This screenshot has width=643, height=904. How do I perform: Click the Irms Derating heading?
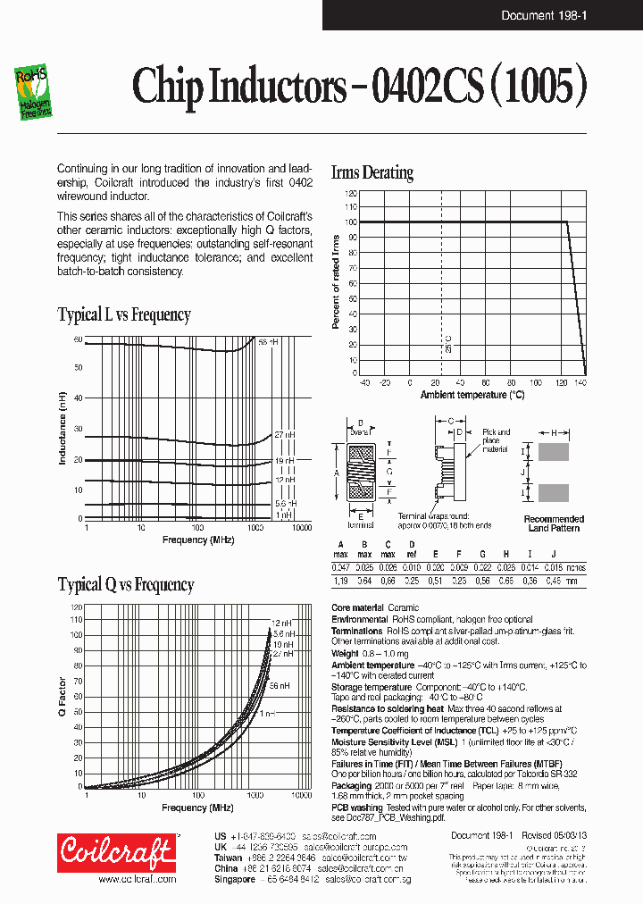pyautogui.click(x=372, y=172)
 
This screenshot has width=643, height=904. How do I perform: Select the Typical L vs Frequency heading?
pyautogui.click(x=124, y=314)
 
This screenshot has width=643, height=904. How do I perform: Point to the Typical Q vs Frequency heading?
pyautogui.click(x=126, y=585)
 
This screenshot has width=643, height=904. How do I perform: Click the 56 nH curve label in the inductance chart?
pyautogui.click(x=268, y=342)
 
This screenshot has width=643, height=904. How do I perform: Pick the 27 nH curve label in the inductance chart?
pyautogui.click(x=284, y=434)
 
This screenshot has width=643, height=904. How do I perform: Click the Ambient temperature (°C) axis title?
pyautogui.click(x=472, y=394)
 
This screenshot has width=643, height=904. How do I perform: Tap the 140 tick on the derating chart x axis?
pyautogui.click(x=580, y=382)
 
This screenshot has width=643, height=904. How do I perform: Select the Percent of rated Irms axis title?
pyautogui.click(x=337, y=281)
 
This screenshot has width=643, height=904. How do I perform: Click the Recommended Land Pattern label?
pyautogui.click(x=554, y=523)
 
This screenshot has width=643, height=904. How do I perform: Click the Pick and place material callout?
pyautogui.click(x=496, y=440)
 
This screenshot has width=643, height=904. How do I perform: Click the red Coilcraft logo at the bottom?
pyautogui.click(x=116, y=854)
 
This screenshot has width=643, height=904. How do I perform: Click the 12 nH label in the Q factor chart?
pyautogui.click(x=280, y=623)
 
